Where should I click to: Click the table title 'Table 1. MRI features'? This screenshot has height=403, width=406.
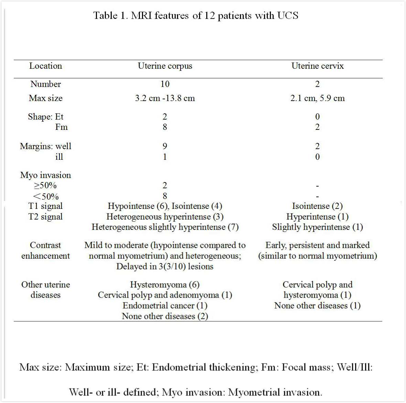(x=196, y=15)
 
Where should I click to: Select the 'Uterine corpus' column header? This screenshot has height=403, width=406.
(x=165, y=66)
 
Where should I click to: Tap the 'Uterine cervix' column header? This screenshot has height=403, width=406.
(x=317, y=66)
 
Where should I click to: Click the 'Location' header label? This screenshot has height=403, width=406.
(x=45, y=66)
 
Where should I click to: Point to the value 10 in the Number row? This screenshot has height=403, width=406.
(x=165, y=84)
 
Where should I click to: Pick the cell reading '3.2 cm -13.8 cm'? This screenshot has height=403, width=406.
(x=165, y=98)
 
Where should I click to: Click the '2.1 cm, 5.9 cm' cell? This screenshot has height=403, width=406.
(x=317, y=98)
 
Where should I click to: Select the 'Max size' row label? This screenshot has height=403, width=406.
(x=45, y=98)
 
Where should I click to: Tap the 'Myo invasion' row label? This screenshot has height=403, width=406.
(x=45, y=175)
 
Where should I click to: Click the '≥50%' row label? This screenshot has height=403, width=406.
(x=45, y=186)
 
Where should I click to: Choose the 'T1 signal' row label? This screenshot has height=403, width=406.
(x=45, y=206)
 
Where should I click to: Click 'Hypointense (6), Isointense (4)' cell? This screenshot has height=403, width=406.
(x=165, y=206)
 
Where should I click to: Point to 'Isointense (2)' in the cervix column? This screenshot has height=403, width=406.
(x=317, y=206)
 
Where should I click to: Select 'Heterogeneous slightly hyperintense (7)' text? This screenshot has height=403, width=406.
(x=165, y=227)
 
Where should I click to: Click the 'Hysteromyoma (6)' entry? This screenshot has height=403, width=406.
(x=165, y=285)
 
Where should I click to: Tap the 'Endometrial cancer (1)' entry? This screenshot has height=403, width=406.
(x=165, y=306)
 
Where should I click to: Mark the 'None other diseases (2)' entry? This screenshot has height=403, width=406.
(x=165, y=316)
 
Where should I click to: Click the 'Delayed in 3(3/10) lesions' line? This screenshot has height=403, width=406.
(x=165, y=267)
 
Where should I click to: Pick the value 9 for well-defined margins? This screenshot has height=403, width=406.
(x=165, y=146)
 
